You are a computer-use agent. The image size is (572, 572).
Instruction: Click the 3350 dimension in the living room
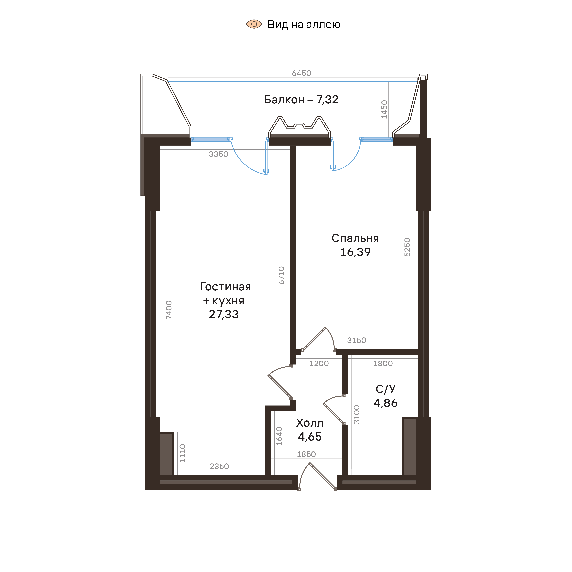219,154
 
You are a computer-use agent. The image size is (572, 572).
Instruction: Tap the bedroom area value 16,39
355,252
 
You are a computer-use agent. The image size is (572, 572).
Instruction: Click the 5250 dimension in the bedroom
407,247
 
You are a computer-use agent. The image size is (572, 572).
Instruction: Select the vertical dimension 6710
282,275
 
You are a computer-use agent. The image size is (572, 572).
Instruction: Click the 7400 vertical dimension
169,310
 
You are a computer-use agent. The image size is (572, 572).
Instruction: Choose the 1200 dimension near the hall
319,364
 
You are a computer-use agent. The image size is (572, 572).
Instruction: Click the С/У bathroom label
386,389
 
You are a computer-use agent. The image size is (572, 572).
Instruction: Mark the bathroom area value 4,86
386,403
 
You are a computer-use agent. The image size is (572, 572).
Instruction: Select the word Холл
310,423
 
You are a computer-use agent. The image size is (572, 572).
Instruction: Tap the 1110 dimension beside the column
182,453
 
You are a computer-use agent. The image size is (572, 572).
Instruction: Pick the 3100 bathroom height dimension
357,415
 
